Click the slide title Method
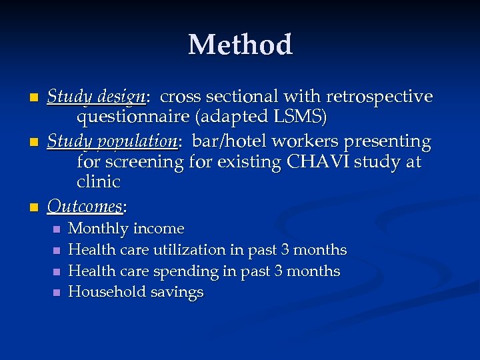(x=240, y=45)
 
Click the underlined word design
(x=119, y=97)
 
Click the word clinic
(x=99, y=182)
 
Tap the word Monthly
(x=99, y=229)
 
